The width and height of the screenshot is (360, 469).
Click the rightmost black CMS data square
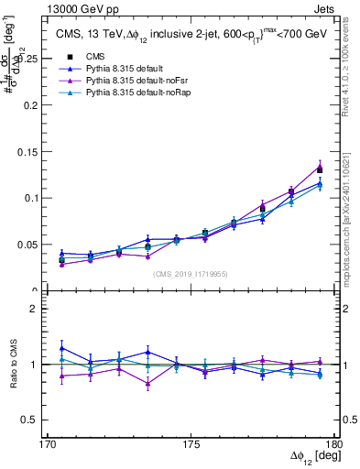coord(320,169)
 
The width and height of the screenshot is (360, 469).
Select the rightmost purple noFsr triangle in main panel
coord(320,167)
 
